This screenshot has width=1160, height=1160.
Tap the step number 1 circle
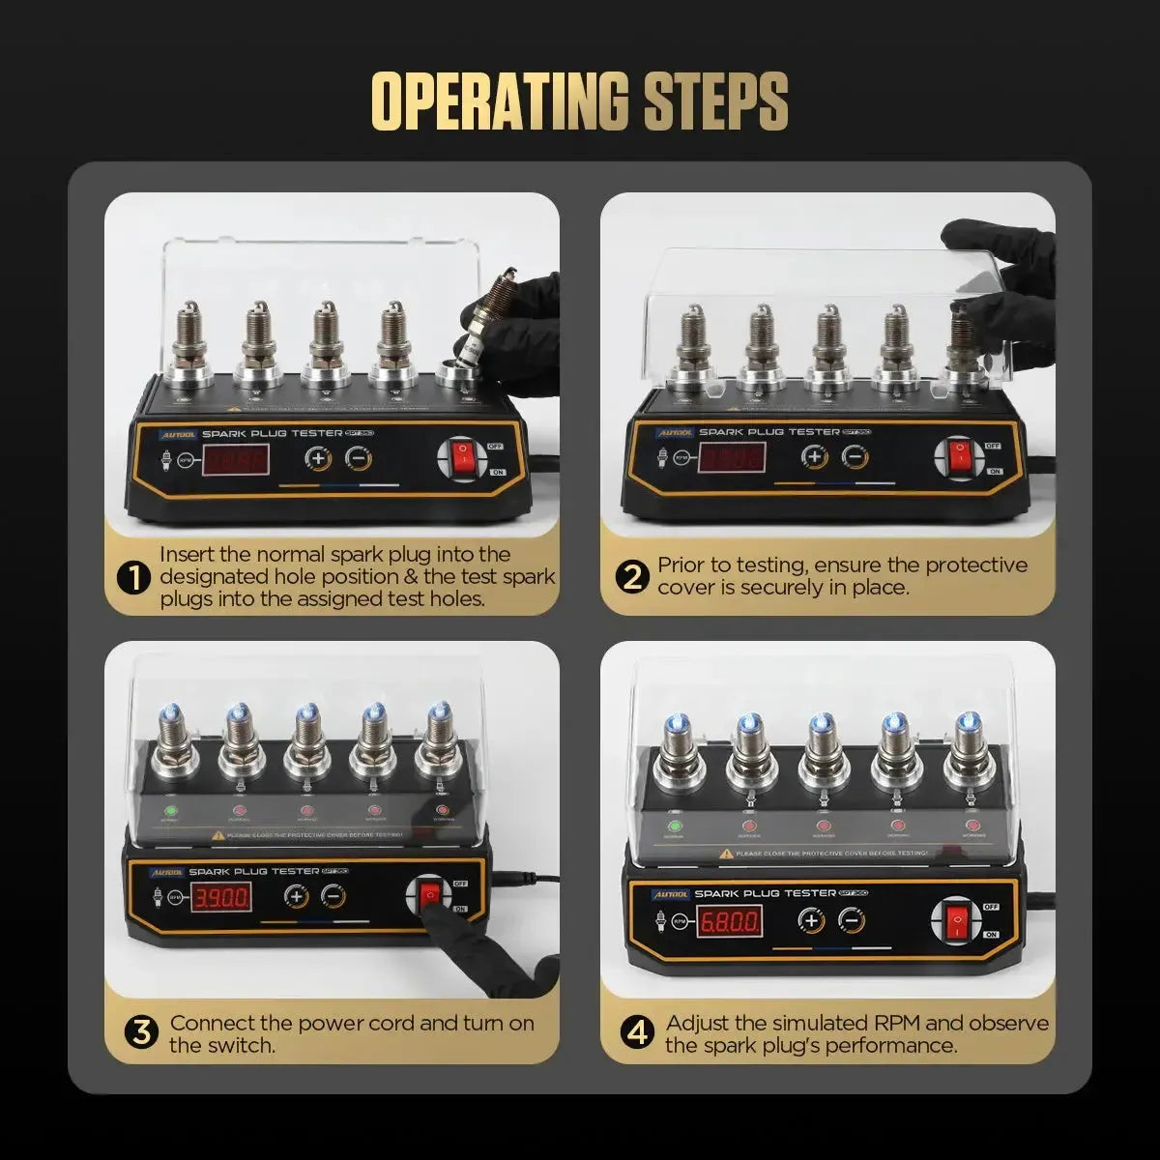point(133,578)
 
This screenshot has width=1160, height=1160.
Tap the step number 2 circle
point(632,577)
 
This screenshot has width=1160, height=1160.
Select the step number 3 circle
point(141,1032)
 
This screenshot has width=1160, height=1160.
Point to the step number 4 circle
point(637,1032)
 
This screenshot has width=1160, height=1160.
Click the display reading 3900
point(222,898)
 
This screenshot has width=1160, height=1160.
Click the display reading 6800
point(729,920)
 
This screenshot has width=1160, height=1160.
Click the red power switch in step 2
point(960,458)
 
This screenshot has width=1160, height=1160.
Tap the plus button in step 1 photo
point(318,458)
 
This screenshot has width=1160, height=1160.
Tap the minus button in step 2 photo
point(853,457)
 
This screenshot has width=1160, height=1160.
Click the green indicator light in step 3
point(172,812)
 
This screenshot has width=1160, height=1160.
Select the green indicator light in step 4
point(674,826)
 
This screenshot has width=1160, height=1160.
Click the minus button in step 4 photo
point(851,921)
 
